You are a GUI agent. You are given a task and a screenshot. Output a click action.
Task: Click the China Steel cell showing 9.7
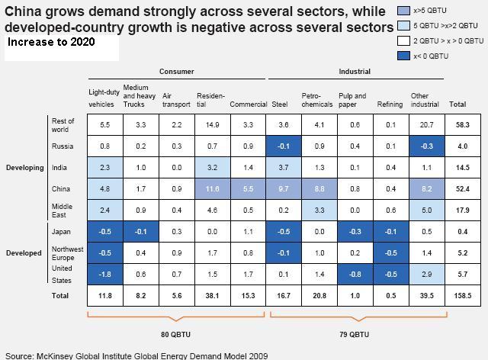tap(284, 189)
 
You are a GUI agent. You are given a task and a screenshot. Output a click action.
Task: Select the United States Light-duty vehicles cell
tap(105, 275)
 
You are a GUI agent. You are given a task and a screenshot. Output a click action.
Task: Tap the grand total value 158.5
tap(463, 295)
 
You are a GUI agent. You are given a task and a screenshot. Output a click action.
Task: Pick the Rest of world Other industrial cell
tap(427, 125)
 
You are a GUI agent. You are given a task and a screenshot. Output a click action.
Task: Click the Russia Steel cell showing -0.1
tap(284, 146)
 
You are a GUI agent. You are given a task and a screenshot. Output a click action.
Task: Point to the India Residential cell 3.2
tap(212, 168)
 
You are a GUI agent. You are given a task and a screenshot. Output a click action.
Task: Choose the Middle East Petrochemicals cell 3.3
tap(319, 211)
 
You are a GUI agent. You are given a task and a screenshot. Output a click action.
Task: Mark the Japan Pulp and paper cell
tap(355, 232)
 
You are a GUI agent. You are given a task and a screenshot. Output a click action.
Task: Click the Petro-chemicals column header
tap(317, 100)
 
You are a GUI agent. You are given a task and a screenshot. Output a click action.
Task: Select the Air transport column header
tap(176, 100)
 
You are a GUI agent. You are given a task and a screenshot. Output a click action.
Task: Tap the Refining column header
tap(390, 104)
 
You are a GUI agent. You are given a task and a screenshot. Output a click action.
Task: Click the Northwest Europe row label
tap(67, 253)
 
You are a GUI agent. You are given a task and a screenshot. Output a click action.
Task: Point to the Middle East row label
tap(62, 211)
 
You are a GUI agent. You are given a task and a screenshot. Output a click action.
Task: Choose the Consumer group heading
tap(176, 72)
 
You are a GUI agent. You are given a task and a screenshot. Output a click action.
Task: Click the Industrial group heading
tap(355, 72)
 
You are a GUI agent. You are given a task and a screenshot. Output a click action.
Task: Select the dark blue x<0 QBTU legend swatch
tap(403, 56)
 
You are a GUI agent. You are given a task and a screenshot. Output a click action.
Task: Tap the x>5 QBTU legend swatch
tap(403, 11)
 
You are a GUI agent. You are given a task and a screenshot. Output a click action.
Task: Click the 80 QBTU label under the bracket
tap(175, 335)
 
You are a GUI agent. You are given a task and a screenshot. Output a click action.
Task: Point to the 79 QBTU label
tap(354, 335)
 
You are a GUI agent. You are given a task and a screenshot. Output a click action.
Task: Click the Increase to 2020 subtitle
tap(51, 42)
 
